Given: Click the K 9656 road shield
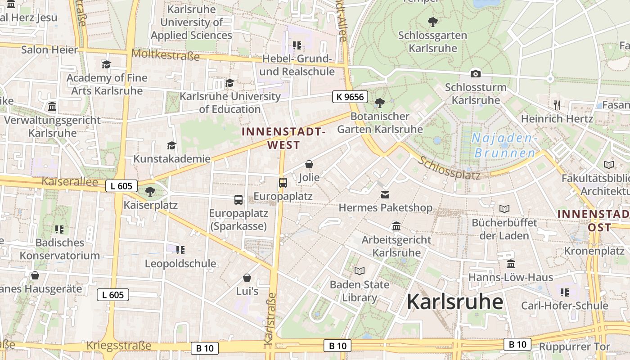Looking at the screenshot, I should pos(351,96).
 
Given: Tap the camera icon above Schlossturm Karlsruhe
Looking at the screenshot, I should pos(475,74).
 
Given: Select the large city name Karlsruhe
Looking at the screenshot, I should pos(455,302).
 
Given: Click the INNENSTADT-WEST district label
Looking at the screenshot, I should pos(283,138).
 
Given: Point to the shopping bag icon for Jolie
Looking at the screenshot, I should pos(309,164).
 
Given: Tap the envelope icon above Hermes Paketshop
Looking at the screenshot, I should pos(385,195).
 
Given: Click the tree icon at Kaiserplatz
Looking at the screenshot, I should pos(150,192).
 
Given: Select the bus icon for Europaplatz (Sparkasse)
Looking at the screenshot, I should pos(238,200).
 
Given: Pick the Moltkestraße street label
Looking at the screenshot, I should pos(165,55).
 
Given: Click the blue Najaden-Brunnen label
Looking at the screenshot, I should pos(504,145).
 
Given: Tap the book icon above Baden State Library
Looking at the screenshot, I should pos(359,271).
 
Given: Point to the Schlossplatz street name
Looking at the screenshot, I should pos(449,168).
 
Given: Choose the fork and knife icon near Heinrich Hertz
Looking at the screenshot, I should pos(557,105).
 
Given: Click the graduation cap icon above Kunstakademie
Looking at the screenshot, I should pos(171,145).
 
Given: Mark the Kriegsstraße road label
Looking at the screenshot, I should pos(118,346).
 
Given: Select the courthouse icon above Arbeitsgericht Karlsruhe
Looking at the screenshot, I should pos(396,226).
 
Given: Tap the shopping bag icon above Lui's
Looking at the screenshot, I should pos(247,278).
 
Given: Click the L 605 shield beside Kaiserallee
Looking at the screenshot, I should pos(121,185).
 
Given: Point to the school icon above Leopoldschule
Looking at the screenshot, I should pos(180,250).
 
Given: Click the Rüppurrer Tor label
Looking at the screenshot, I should pos(574,347).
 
